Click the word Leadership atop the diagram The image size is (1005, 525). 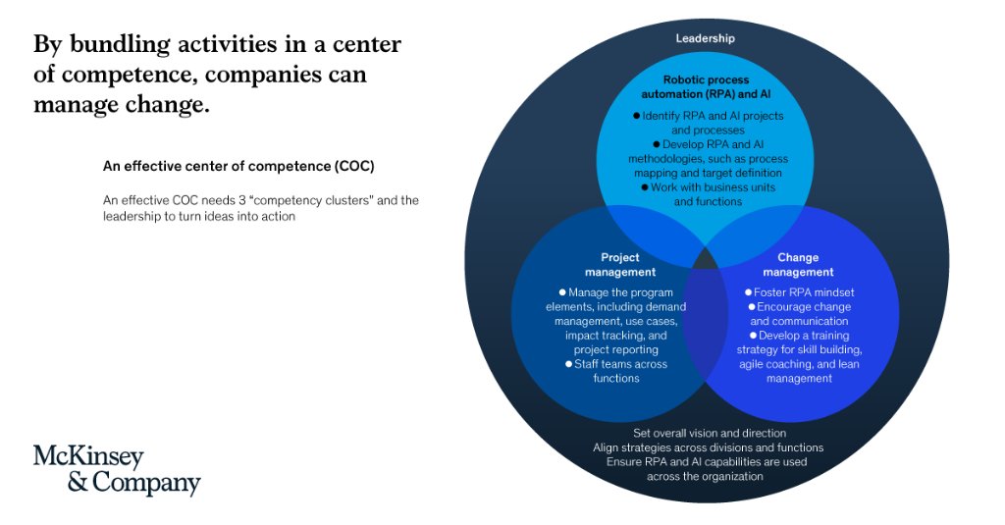point(706,38)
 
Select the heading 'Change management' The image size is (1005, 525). point(798,265)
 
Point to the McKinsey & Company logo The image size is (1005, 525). point(117,470)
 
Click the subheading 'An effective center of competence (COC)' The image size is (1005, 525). point(238,166)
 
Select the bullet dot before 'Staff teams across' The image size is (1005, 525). point(568,364)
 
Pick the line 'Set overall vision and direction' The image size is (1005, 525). point(709,433)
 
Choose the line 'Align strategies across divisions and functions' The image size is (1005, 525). point(708,447)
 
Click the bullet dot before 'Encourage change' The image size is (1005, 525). point(751,307)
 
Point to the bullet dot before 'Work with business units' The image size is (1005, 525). point(645,186)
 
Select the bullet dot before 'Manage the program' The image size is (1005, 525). point(562,292)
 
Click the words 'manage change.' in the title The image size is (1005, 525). point(122,104)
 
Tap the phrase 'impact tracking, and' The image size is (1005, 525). point(615,336)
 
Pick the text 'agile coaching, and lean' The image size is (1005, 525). point(800,364)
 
